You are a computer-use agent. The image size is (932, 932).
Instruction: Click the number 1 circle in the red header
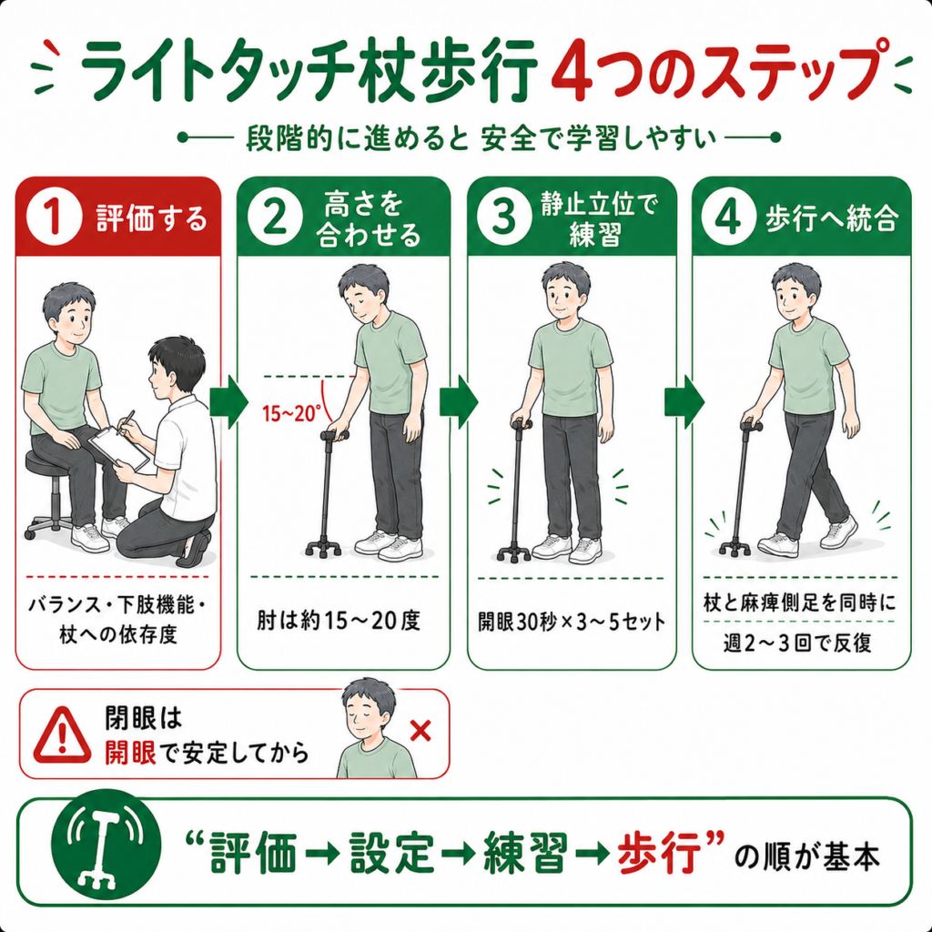coord(54,218)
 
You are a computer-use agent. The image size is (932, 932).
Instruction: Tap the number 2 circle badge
coord(274,218)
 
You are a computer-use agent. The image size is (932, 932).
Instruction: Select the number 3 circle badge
coord(504,217)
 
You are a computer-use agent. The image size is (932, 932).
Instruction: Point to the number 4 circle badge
coord(729,218)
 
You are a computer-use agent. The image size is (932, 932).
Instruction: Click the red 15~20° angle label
coord(292,413)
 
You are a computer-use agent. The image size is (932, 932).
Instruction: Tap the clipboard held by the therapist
coord(119,448)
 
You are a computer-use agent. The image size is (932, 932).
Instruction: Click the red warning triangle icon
coord(63,735)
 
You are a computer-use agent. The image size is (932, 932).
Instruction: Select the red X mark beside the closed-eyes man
coord(420,731)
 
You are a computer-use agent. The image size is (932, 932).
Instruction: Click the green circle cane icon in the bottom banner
coord(106,844)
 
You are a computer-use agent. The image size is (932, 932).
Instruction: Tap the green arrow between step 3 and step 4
coord(684,401)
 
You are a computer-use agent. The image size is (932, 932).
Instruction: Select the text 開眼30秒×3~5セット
coord(572,622)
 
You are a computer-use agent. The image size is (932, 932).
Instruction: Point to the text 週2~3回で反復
coord(797,643)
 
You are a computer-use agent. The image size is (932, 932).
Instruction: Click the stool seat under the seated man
coord(51,461)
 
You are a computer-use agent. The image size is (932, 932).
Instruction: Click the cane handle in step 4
coord(751,426)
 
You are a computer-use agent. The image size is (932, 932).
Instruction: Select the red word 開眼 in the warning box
coord(130,753)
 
